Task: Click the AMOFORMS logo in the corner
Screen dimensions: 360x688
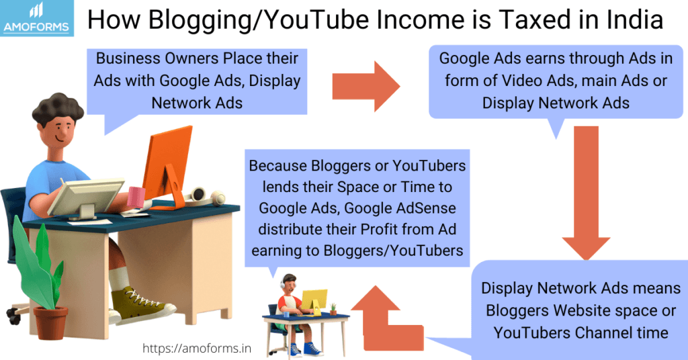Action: [x=36, y=18]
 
